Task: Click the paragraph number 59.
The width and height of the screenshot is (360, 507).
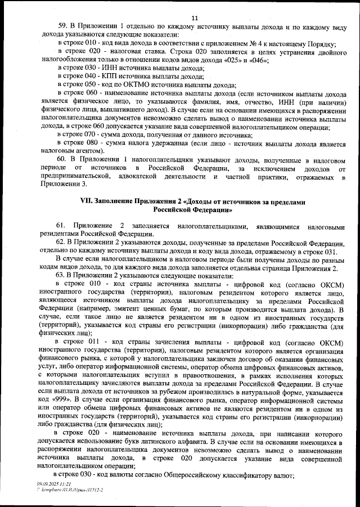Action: (64, 27)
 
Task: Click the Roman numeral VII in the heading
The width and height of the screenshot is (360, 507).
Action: (89, 201)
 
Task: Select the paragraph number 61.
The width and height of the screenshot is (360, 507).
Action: (64, 226)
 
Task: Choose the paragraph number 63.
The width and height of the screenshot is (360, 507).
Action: (64, 276)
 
